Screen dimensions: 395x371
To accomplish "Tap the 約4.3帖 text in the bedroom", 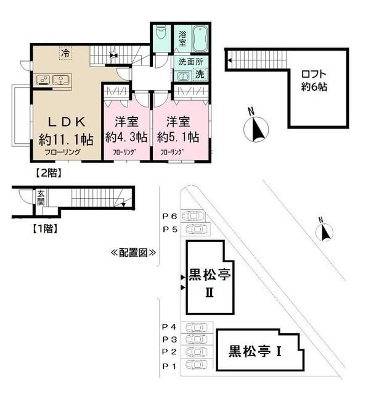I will click(x=126, y=136).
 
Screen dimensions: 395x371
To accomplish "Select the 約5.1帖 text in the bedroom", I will click(x=177, y=136).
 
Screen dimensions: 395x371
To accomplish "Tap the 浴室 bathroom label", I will click(x=183, y=39).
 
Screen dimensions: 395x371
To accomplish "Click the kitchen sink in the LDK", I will click(x=62, y=79).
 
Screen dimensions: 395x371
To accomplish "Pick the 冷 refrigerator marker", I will click(x=65, y=54).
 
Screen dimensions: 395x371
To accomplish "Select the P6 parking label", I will click(x=169, y=216).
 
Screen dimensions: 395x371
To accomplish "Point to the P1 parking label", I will click(x=169, y=365).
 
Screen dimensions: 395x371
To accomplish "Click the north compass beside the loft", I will click(x=256, y=128).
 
